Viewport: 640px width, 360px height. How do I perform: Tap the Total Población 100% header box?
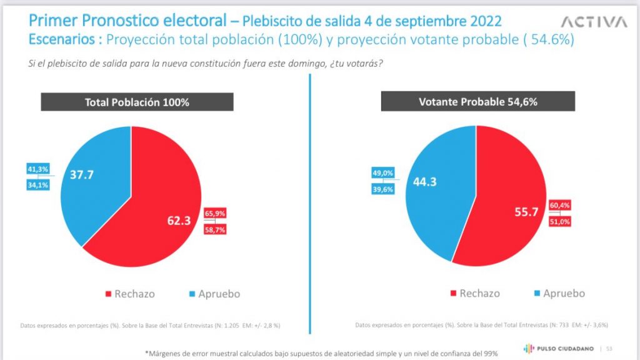(137, 102)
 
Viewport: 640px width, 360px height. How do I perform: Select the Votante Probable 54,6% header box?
(478, 102)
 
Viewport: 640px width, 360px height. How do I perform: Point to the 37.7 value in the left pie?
(82, 176)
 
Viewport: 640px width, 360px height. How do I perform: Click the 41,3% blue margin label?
(37, 169)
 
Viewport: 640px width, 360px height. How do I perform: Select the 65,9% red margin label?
(215, 214)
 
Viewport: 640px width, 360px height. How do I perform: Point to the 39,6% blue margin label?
(382, 189)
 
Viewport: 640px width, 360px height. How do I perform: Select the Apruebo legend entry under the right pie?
(558, 293)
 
